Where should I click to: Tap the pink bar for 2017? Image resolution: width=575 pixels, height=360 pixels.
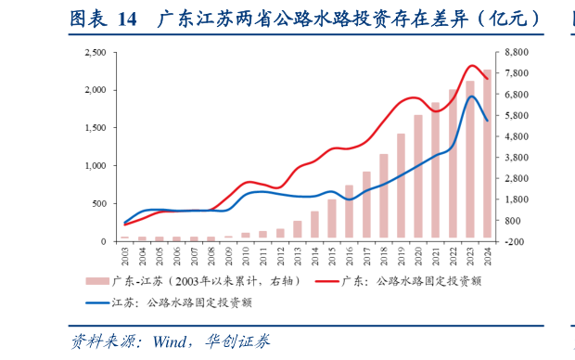366,206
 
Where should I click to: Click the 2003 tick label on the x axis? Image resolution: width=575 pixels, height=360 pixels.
125,253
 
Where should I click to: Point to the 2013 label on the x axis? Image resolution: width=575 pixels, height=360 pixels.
298,253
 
